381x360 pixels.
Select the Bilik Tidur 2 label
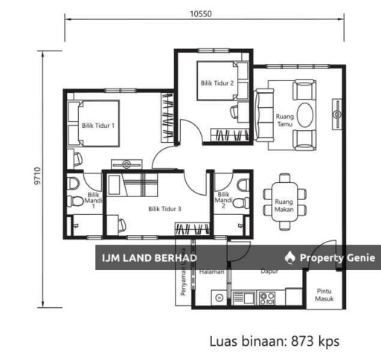pos(217,84)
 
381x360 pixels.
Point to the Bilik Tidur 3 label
pos(164,209)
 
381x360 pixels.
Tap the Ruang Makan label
pos(284,205)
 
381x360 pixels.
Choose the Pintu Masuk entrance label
pos(324,296)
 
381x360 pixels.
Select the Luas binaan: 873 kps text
pos(275,341)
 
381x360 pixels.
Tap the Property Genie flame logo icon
pos(290,257)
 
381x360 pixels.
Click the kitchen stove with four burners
pos(268,298)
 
